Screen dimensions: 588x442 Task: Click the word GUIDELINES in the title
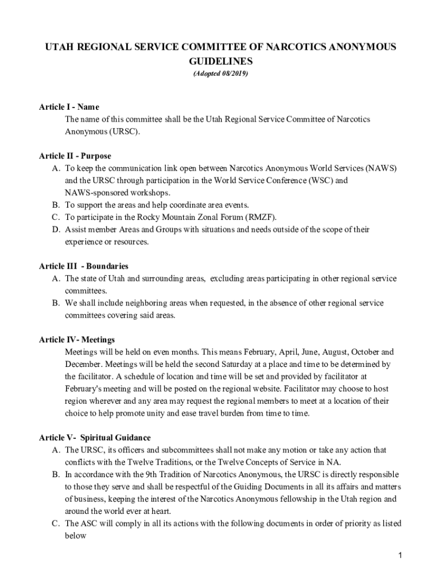221,60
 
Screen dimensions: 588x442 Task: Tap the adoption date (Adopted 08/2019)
221,74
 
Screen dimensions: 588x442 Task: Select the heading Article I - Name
69,107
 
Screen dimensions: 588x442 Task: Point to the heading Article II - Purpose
75,156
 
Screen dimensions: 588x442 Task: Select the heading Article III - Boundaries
83,266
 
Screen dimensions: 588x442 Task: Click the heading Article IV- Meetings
77,340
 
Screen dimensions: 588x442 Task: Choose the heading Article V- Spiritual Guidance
95,438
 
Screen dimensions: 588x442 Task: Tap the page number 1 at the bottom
399,555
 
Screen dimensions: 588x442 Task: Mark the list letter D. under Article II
56,230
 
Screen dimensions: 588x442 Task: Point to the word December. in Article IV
84,364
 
